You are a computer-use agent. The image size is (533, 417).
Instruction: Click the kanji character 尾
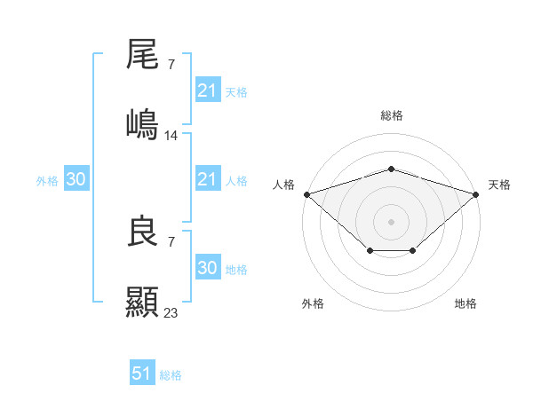pos(142,55)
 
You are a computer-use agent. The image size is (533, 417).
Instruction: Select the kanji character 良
pos(142,232)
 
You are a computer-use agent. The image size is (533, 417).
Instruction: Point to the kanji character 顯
pos(142,302)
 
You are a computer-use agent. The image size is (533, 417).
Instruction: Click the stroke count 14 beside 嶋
pos(171,135)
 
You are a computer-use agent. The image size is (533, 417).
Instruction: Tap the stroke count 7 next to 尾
pos(171,64)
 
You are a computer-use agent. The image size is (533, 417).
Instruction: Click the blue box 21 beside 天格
pos(207,90)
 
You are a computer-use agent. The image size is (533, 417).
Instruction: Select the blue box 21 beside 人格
pos(207,179)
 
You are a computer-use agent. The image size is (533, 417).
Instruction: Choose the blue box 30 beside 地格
pos(207,268)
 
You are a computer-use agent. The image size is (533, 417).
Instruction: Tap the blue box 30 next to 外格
pos(76,179)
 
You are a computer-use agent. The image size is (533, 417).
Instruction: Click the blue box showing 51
pos(142,374)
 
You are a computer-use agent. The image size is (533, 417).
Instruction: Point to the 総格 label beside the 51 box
pos(171,375)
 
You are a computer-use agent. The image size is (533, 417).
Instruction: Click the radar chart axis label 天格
pos(499,185)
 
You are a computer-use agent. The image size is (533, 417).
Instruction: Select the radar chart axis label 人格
pos(283,185)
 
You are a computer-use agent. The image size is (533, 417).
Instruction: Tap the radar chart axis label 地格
pos(465,303)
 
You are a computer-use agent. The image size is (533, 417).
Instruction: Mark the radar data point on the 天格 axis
pos(476,193)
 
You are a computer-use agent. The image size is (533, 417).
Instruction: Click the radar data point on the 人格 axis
pos(306,193)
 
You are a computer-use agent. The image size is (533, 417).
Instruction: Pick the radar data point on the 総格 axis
pos(391,169)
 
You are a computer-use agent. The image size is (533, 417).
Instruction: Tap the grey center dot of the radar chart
pos(391,221)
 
